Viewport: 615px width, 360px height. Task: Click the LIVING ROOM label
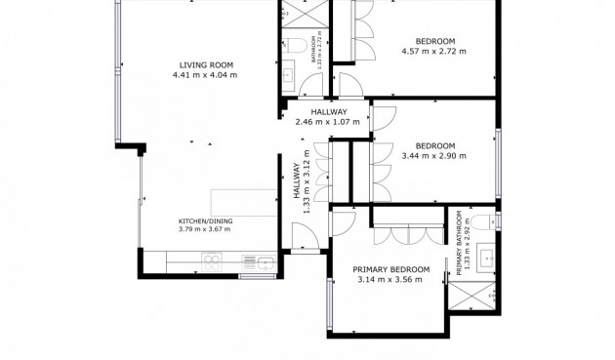pos(206,65)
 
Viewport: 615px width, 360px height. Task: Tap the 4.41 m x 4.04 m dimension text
pos(205,75)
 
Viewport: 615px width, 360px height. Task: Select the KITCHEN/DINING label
pos(206,221)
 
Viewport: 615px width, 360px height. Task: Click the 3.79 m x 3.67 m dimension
pos(204,229)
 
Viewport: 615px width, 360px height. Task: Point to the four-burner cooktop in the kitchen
pos(212,262)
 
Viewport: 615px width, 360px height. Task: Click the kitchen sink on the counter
pos(266,262)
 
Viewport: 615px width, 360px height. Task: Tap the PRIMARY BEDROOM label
pos(391,270)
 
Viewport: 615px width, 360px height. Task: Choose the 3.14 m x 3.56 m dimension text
pos(389,280)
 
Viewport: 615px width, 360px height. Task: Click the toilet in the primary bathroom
pos(483,222)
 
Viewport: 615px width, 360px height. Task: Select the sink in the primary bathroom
pos(486,258)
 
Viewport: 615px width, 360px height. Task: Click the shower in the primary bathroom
pos(472,296)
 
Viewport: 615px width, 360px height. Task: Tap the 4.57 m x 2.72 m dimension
pos(433,51)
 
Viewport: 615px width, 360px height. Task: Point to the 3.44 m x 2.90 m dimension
pos(433,156)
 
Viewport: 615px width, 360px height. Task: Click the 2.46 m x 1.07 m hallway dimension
pos(327,122)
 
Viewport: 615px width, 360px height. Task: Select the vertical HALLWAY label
pos(297,180)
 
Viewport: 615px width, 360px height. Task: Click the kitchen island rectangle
pos(244,203)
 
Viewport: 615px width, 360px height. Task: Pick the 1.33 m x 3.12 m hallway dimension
pos(307,181)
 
